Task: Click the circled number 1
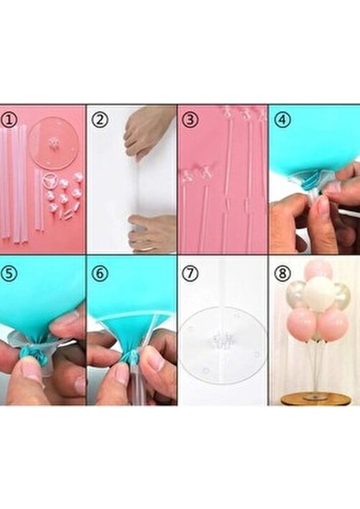[10, 119]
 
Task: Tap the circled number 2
[100, 119]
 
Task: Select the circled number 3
[190, 119]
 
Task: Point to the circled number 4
[281, 119]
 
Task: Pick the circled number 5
[10, 274]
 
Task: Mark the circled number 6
[100, 274]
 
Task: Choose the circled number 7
[190, 274]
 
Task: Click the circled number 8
[281, 274]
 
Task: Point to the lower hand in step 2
[153, 232]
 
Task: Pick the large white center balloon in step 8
[318, 294]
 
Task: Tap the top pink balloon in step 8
[318, 270]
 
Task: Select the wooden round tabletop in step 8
[316, 399]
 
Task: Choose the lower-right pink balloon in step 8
[334, 325]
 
